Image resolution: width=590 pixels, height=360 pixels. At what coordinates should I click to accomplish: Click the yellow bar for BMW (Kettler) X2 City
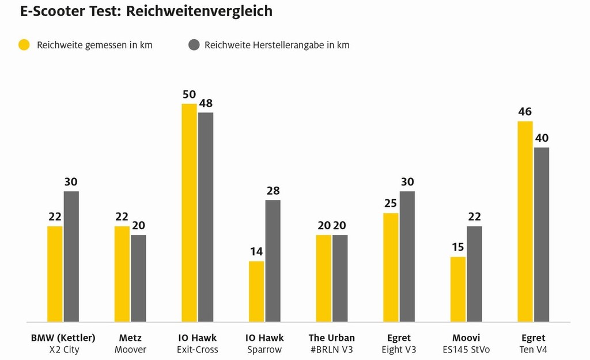coord(55,274)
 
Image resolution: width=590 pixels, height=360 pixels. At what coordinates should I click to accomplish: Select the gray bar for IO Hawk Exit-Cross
coord(206,217)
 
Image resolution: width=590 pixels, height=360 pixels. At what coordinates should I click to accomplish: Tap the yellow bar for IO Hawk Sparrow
coord(256,291)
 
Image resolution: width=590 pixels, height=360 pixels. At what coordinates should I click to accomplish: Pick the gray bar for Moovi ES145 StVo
coord(474,274)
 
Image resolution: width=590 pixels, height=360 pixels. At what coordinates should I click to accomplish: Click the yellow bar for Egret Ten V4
coord(525,221)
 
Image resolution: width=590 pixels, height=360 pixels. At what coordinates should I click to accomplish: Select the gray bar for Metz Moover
coord(138,278)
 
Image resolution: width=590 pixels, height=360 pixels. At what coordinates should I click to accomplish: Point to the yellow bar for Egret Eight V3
coord(391,267)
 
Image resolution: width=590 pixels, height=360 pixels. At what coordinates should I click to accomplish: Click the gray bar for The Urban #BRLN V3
coord(340,278)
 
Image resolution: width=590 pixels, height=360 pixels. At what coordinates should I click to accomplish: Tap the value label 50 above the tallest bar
coord(189,94)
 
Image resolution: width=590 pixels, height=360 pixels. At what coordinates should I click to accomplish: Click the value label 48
coord(206,104)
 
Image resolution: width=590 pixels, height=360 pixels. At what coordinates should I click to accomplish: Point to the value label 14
coord(256,252)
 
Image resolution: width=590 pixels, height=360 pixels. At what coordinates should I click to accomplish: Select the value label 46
coord(525,112)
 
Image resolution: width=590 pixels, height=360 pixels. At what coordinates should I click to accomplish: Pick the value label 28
coord(273,191)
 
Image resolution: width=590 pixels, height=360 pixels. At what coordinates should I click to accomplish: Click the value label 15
coord(458,247)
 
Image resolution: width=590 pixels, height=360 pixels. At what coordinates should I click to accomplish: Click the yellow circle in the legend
coord(24,45)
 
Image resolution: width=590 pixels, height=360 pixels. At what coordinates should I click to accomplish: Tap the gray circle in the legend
coord(194,45)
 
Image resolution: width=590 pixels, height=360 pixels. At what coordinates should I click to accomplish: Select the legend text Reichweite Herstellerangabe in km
coord(277,45)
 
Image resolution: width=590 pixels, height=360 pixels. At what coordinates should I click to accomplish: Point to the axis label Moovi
coord(466,338)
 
